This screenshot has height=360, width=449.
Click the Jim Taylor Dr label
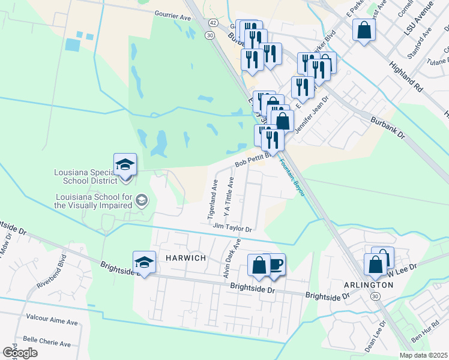point(231,228)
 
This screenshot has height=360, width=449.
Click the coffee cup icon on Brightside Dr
point(275,265)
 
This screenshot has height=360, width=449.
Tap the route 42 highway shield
point(213,22)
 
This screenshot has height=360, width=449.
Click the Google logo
point(19,353)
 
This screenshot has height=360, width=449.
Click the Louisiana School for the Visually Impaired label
point(94,200)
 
